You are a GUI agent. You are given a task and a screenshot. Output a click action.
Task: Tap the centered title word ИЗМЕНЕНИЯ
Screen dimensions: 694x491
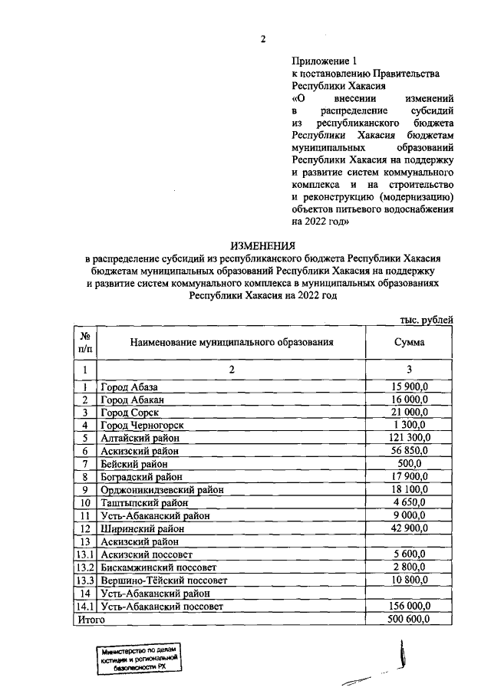(x=262, y=246)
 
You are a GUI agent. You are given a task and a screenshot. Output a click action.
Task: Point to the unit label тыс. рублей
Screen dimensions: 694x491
(x=427, y=319)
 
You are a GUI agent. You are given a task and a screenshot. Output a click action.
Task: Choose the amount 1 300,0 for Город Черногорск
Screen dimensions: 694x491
(x=410, y=425)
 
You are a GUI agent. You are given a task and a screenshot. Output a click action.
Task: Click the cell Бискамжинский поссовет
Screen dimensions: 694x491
(x=159, y=567)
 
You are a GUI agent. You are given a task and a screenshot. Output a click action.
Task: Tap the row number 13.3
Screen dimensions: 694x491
(x=84, y=581)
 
